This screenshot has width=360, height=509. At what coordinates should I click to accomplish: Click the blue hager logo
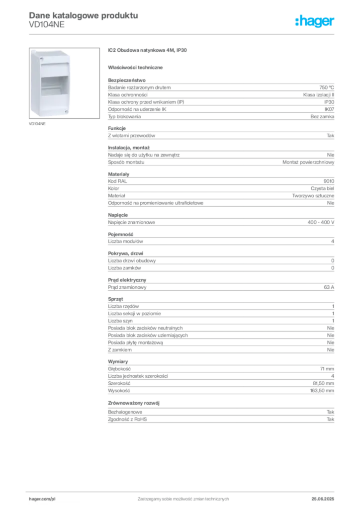(315, 22)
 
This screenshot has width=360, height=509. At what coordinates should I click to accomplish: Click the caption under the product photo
(38, 124)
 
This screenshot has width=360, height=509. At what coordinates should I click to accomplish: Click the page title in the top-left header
(82, 15)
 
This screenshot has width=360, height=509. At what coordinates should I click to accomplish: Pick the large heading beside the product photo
(149, 51)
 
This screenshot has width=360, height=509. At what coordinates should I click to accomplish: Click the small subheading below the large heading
(137, 66)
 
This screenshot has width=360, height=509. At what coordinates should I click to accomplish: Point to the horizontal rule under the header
(183, 34)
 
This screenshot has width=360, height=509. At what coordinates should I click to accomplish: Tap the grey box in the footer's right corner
(327, 496)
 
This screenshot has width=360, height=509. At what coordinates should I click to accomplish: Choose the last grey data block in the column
(220, 418)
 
